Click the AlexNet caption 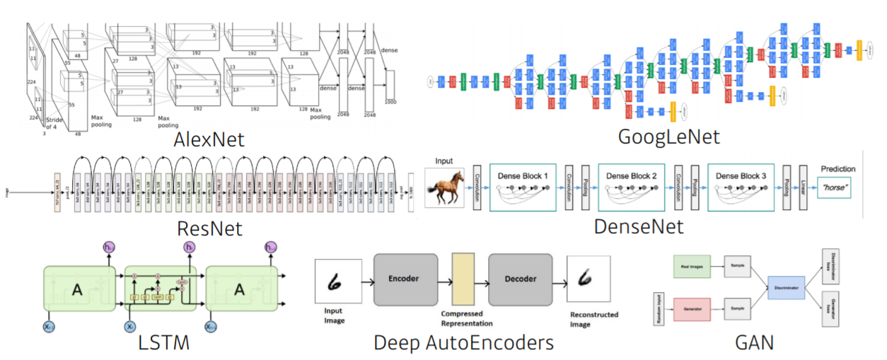(x=209, y=139)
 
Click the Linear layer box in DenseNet (x=803, y=187)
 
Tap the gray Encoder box (x=402, y=279)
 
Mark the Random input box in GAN (x=657, y=308)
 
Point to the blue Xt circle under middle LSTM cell (x=130, y=326)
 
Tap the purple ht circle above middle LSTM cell (x=190, y=247)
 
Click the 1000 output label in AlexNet (x=390, y=102)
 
